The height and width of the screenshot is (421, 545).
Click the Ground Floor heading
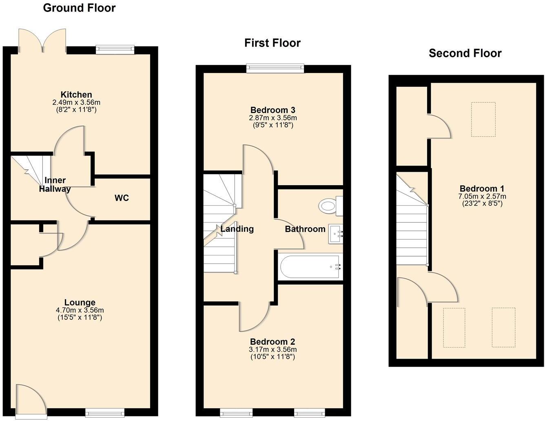[79, 8]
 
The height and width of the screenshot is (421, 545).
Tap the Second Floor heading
[465, 53]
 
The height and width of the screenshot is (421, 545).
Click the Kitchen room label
[76, 95]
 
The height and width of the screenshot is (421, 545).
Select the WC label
[122, 198]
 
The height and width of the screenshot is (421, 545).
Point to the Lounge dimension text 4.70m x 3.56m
[80, 310]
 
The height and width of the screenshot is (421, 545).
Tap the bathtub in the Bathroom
[310, 267]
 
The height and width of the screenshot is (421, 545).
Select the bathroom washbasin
[335, 234]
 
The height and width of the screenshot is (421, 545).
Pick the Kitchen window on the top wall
[115, 49]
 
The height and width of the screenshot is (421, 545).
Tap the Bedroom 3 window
[275, 69]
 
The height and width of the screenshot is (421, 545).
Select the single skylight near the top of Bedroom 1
[483, 119]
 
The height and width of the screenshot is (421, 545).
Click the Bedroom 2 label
[272, 342]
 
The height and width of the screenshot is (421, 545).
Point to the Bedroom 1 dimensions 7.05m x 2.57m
[482, 196]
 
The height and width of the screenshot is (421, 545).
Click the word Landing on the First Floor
[237, 229]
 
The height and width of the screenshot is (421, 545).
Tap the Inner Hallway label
[55, 184]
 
